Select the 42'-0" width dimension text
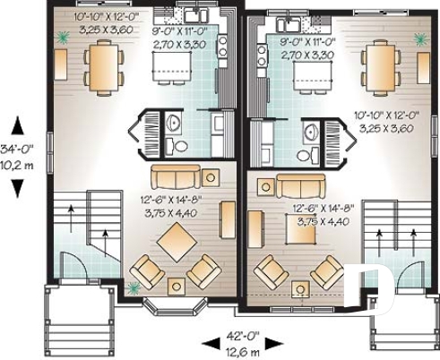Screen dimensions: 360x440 pos(243,336)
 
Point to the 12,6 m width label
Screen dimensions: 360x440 pos(243,350)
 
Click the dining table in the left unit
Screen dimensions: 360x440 pos(103,67)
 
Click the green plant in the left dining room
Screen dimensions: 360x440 pos(64,38)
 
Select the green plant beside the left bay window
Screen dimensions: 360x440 pos(134,288)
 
